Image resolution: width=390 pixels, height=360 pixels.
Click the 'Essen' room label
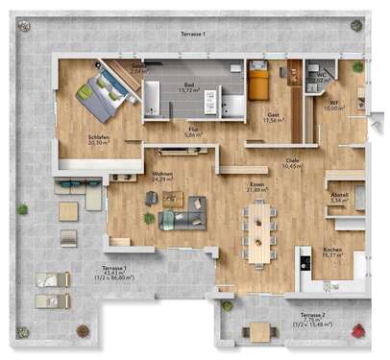tap(257, 183)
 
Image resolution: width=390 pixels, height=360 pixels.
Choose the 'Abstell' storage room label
tap(338, 196)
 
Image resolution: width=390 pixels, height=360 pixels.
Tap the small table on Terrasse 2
tap(260, 332)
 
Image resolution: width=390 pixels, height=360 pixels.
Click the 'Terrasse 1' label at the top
tap(193, 35)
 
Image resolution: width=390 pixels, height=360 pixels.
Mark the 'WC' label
tap(323, 74)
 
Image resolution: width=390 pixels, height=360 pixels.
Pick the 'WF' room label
tap(333, 103)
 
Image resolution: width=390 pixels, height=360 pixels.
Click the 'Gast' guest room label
tap(274, 114)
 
